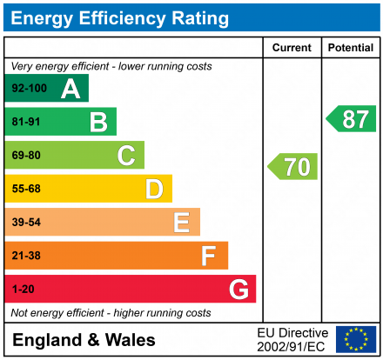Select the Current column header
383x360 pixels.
pyautogui.click(x=292, y=48)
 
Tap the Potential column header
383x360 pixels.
pyautogui.click(x=350, y=48)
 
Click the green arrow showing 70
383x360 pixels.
pyautogui.click(x=292, y=166)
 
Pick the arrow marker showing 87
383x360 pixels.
pyautogui.click(x=351, y=119)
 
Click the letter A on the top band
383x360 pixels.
pyautogui.click(x=71, y=89)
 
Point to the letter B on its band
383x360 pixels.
pyautogui.click(x=98, y=123)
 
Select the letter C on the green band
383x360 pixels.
pyautogui.click(x=126, y=156)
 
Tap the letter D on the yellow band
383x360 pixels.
pyautogui.click(x=154, y=189)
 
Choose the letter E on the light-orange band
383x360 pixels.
pyautogui.click(x=181, y=223)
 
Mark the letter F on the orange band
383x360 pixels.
pyautogui.click(x=209, y=256)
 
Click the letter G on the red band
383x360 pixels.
pyautogui.click(x=238, y=289)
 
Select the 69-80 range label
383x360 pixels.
pyautogui.click(x=26, y=156)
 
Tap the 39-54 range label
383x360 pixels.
pyautogui.click(x=26, y=223)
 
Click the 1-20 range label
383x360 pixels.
pyautogui.click(x=23, y=289)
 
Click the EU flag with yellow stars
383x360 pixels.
pyautogui.click(x=356, y=339)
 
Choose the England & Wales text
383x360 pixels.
pyautogui.click(x=84, y=340)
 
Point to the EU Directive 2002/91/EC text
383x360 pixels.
pyautogui.click(x=292, y=339)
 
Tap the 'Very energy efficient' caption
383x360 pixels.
pyautogui.click(x=111, y=66)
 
